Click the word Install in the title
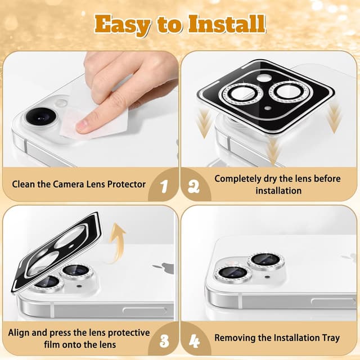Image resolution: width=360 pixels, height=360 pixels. tap(227, 24)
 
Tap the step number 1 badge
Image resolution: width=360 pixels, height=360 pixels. tap(164, 186)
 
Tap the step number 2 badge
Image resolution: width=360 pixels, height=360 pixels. tap(193, 186)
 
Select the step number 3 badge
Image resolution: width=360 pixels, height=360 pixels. tap(164, 340)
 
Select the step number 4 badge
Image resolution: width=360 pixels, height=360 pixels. tap(195, 341)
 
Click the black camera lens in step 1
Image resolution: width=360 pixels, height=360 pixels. tap(41, 116)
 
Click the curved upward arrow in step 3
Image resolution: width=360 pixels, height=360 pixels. tap(115, 244)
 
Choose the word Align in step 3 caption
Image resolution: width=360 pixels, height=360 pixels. tap(19, 332)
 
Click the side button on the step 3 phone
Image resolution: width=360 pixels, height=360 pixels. tap(145, 311)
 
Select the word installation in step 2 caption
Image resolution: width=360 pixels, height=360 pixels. tap(278, 191)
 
